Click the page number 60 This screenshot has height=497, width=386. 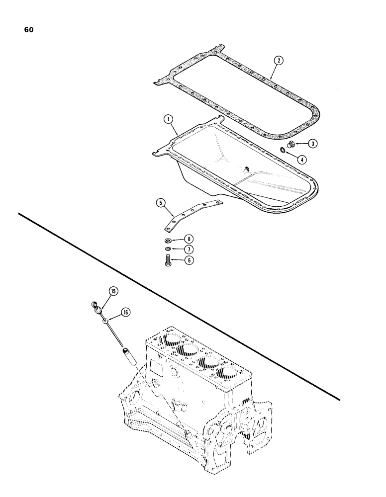(28, 29)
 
